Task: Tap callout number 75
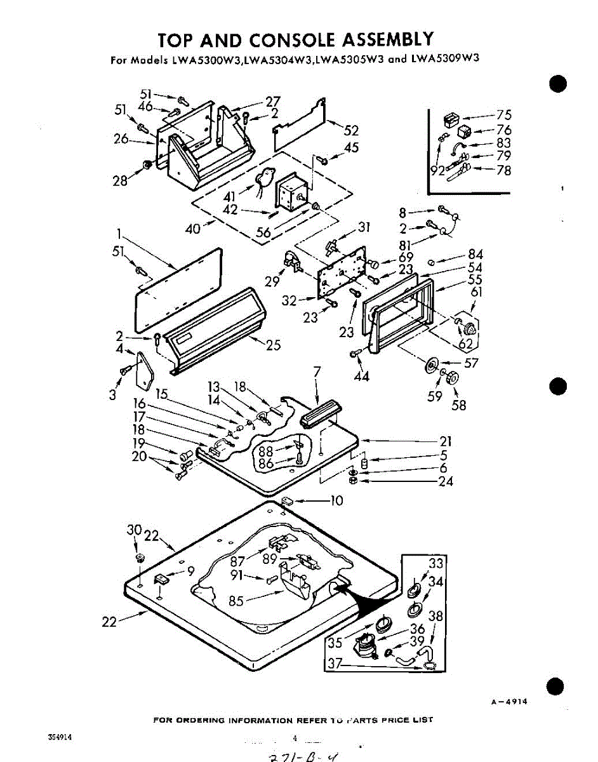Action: tap(504, 115)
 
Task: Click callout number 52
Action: tap(351, 131)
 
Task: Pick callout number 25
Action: tap(273, 345)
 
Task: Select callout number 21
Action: tap(445, 441)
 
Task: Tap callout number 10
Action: tap(336, 501)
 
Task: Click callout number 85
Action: tap(236, 600)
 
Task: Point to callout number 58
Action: tap(458, 404)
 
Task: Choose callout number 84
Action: tap(475, 255)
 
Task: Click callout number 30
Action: tap(133, 530)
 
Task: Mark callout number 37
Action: tap(335, 664)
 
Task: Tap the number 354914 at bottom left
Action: tap(59, 737)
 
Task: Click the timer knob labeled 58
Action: tap(452, 377)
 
